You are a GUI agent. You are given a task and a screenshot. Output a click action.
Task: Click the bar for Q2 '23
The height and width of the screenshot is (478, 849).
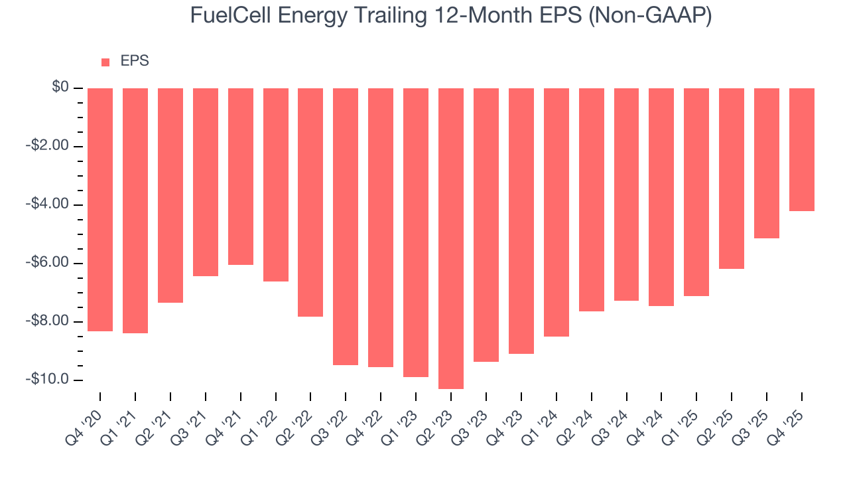click(x=451, y=238)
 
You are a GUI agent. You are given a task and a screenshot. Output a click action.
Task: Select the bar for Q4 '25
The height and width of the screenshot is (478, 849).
click(x=801, y=149)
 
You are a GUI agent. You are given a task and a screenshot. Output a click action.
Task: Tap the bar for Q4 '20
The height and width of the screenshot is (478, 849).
click(x=100, y=209)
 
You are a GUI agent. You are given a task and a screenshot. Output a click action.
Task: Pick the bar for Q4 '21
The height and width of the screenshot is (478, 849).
click(x=241, y=177)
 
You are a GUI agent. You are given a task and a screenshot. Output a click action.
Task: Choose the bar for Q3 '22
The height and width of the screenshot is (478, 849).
click(x=346, y=226)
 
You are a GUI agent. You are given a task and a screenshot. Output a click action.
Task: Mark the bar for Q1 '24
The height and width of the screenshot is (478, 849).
click(x=556, y=212)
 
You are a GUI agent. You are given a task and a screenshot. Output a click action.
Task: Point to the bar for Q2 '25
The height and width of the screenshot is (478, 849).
click(x=732, y=179)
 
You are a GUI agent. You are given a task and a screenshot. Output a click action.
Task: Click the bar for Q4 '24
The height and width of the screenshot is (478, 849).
click(x=661, y=197)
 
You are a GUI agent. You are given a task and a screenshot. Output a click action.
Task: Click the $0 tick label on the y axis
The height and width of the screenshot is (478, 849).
click(x=61, y=88)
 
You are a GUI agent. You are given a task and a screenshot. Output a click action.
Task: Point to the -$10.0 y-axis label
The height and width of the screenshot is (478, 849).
click(x=48, y=380)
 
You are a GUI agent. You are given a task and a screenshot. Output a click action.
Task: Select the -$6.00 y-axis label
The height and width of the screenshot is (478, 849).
click(x=48, y=263)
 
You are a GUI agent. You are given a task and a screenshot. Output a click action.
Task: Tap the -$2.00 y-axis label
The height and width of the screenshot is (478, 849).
click(x=48, y=146)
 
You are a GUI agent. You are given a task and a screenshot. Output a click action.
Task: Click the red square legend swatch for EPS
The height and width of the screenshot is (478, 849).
click(x=105, y=62)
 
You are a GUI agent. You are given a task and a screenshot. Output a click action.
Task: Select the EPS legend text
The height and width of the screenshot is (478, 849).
click(x=135, y=62)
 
